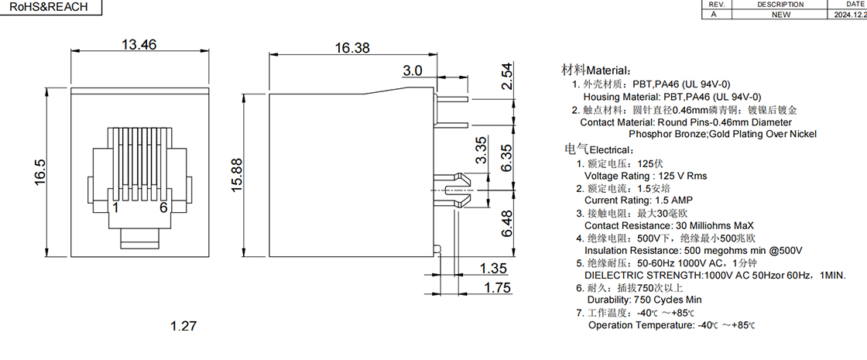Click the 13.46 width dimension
click(139, 44)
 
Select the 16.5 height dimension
click(39, 172)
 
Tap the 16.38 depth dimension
click(351, 48)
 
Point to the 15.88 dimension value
click(237, 175)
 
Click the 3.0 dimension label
click(412, 70)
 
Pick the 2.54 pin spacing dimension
click(507, 77)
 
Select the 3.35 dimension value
click(481, 150)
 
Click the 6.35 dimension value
click(507, 159)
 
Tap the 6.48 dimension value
click(507, 224)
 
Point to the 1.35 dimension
click(494, 269)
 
